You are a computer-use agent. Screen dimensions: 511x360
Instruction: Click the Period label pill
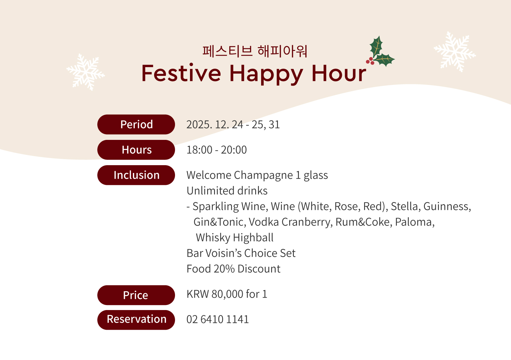coord(136,124)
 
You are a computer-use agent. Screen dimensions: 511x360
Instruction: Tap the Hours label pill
coord(136,150)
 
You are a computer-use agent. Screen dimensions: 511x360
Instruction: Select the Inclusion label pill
coord(136,175)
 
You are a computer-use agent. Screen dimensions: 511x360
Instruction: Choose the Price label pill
coord(136,295)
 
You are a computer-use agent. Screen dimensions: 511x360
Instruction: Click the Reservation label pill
coord(136,320)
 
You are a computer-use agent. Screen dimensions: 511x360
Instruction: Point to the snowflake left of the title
coord(85,72)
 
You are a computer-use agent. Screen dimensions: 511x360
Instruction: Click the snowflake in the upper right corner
coord(455,52)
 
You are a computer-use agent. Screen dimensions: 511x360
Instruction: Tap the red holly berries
coord(370,61)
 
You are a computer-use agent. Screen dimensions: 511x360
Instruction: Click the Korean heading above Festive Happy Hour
coord(255,51)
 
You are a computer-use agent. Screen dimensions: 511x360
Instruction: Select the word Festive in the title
coord(181,73)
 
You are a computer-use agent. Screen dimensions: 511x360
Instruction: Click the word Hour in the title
coord(339,73)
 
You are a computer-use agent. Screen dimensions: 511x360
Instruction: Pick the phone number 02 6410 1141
coord(217,319)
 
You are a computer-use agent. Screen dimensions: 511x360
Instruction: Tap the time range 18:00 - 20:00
coord(217,150)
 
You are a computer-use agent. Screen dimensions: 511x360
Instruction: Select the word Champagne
coord(263,175)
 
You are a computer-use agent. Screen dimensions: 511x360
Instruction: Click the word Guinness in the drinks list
coord(447,206)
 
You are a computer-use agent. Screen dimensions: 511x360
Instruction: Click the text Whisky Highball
coord(235,238)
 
